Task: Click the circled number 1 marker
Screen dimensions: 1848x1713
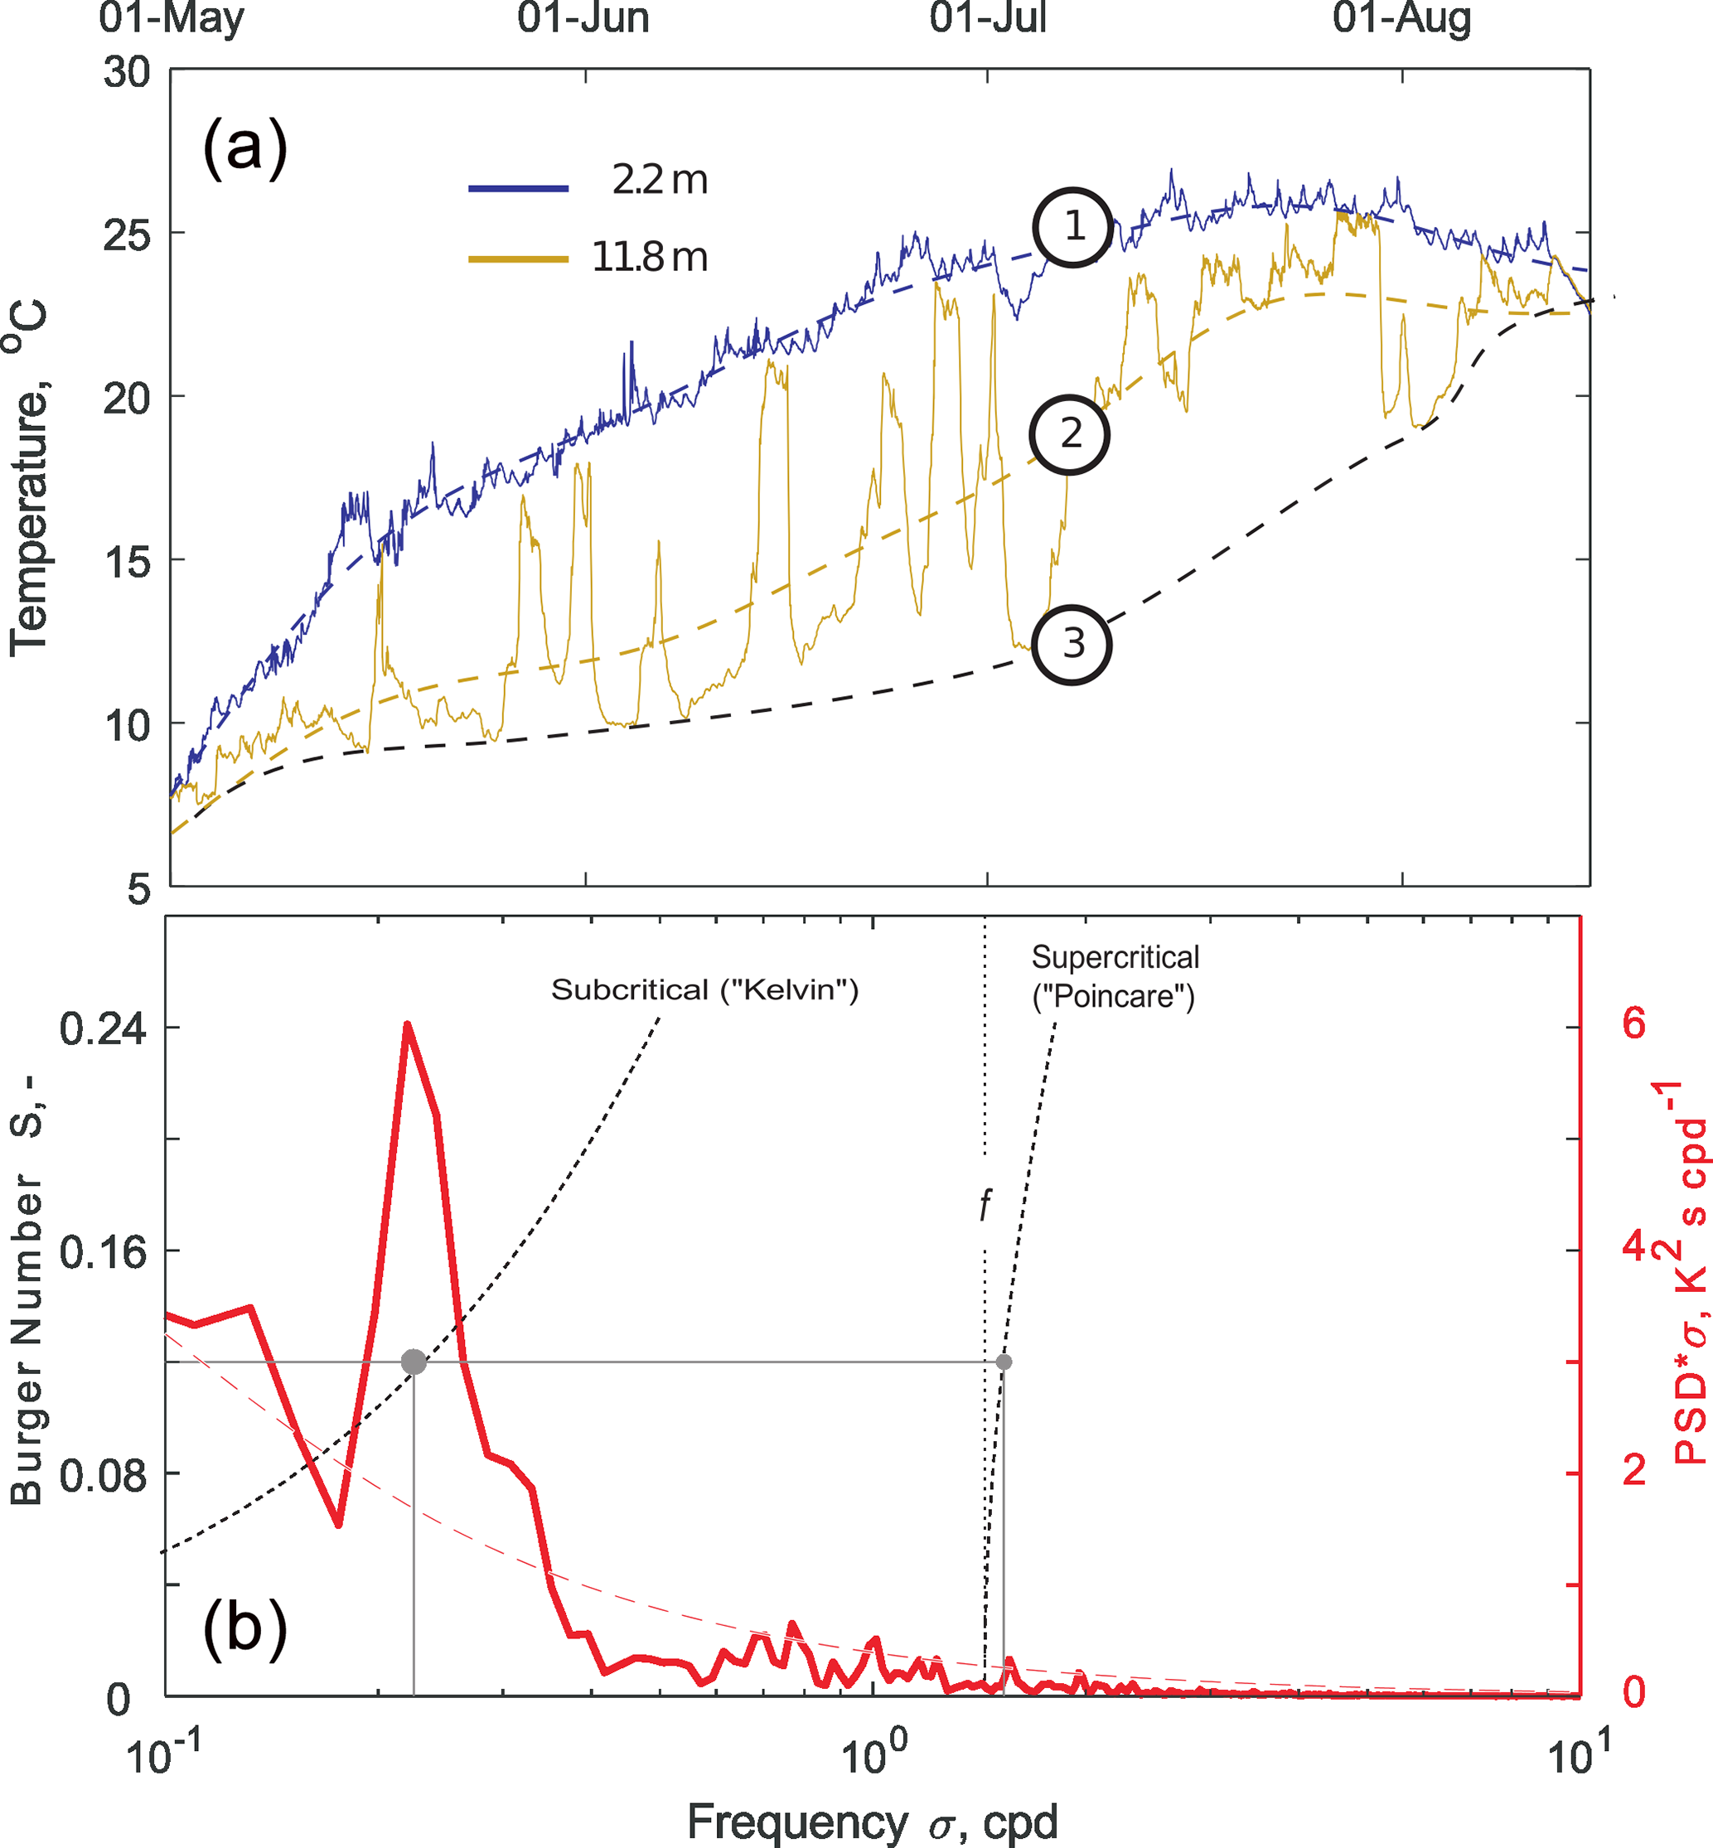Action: (1072, 227)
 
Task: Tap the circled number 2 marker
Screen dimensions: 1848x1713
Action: (1070, 433)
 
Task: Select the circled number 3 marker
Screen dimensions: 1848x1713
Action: (1072, 644)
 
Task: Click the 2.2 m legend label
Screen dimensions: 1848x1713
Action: (659, 180)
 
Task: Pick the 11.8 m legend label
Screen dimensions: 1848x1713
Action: (649, 257)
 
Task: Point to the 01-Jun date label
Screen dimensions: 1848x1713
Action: (583, 18)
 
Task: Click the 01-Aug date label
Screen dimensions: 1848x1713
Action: (1401, 18)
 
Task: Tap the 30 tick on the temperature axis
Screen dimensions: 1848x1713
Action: (127, 72)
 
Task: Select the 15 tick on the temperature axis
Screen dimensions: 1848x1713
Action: (127, 562)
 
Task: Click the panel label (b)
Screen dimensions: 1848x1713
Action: (244, 1628)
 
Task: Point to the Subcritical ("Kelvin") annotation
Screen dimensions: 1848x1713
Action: (704, 989)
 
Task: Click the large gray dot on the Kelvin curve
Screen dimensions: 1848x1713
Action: (414, 1362)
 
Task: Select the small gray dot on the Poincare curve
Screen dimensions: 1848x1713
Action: (1003, 1362)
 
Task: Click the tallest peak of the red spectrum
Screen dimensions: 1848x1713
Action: (407, 1025)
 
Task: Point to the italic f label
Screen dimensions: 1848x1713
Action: (985, 1206)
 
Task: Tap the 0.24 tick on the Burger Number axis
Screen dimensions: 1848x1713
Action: (103, 1028)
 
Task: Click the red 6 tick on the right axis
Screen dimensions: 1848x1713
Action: (1634, 1024)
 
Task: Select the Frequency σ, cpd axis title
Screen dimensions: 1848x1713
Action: (871, 1822)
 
